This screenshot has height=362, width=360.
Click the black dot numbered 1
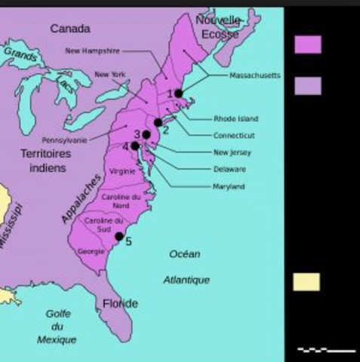pos(179,94)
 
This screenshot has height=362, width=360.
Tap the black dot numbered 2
pos(158,122)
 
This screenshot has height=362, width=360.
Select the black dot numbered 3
pos(146,134)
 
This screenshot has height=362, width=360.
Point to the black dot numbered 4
pos(135,146)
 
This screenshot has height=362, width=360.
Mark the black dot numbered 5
pos(118,236)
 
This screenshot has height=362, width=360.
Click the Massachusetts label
pos(255,75)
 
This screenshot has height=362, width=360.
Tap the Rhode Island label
pos(235,119)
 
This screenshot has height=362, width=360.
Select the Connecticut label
pos(234,136)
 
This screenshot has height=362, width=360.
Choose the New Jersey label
pos(232,152)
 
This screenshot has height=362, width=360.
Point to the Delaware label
pos(229,169)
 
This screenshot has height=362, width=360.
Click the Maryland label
pos(229,186)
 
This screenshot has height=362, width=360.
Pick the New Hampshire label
pos(93,51)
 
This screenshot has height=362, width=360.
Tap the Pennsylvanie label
pos(64,140)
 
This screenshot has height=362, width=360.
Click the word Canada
pos(70,29)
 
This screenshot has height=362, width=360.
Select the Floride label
pos(120,304)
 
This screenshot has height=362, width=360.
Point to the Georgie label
pos(91,251)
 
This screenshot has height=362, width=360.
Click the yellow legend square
pos(306,282)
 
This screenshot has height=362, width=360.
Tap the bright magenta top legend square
pos(307,44)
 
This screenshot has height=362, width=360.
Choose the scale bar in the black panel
pos(326,350)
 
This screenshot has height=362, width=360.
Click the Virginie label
pos(122,172)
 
